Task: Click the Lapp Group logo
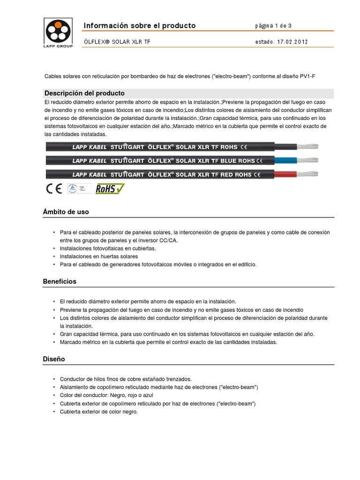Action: point(58,33)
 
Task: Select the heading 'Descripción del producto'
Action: point(84,93)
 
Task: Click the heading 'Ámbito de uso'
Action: point(66,212)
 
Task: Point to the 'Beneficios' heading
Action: point(60,282)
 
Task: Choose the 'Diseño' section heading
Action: point(54,359)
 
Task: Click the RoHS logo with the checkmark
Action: point(110,188)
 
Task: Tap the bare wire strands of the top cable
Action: point(307,146)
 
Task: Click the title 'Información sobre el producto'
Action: point(139,25)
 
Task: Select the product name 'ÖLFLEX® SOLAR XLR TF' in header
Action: point(117,42)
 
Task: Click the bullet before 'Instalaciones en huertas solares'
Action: point(54,256)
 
